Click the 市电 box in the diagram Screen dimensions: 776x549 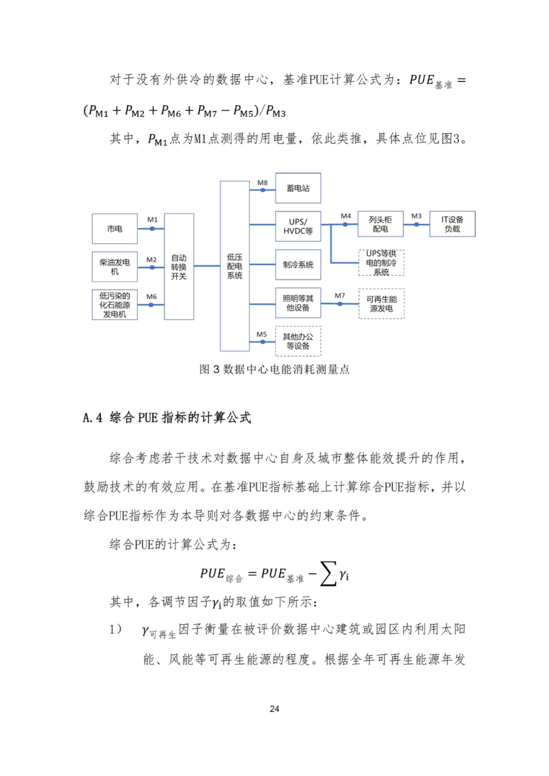[x=115, y=228]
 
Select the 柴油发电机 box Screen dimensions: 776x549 [x=115, y=267]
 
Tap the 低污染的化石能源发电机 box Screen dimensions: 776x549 [x=115, y=305]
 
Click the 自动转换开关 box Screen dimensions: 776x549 [x=179, y=266]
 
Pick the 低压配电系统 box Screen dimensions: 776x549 [x=234, y=266]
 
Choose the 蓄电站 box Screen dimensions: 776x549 [x=298, y=188]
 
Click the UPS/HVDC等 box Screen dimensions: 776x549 [x=298, y=226]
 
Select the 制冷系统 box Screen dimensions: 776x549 [x=298, y=264]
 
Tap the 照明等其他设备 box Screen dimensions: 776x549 [x=298, y=303]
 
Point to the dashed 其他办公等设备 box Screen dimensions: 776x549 [x=298, y=341]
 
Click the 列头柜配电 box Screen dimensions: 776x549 [x=380, y=224]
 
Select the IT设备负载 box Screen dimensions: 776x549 [x=452, y=224]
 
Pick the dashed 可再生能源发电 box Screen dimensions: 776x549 [x=381, y=304]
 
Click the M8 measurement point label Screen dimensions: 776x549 [x=262, y=183]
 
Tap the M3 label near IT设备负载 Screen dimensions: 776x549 [x=416, y=216]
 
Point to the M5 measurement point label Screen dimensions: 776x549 [x=262, y=334]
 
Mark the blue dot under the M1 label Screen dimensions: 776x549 [x=152, y=228]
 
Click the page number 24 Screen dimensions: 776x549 [x=274, y=709]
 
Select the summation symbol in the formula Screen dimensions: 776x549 [x=328, y=573]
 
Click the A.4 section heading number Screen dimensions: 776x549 [x=92, y=418]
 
